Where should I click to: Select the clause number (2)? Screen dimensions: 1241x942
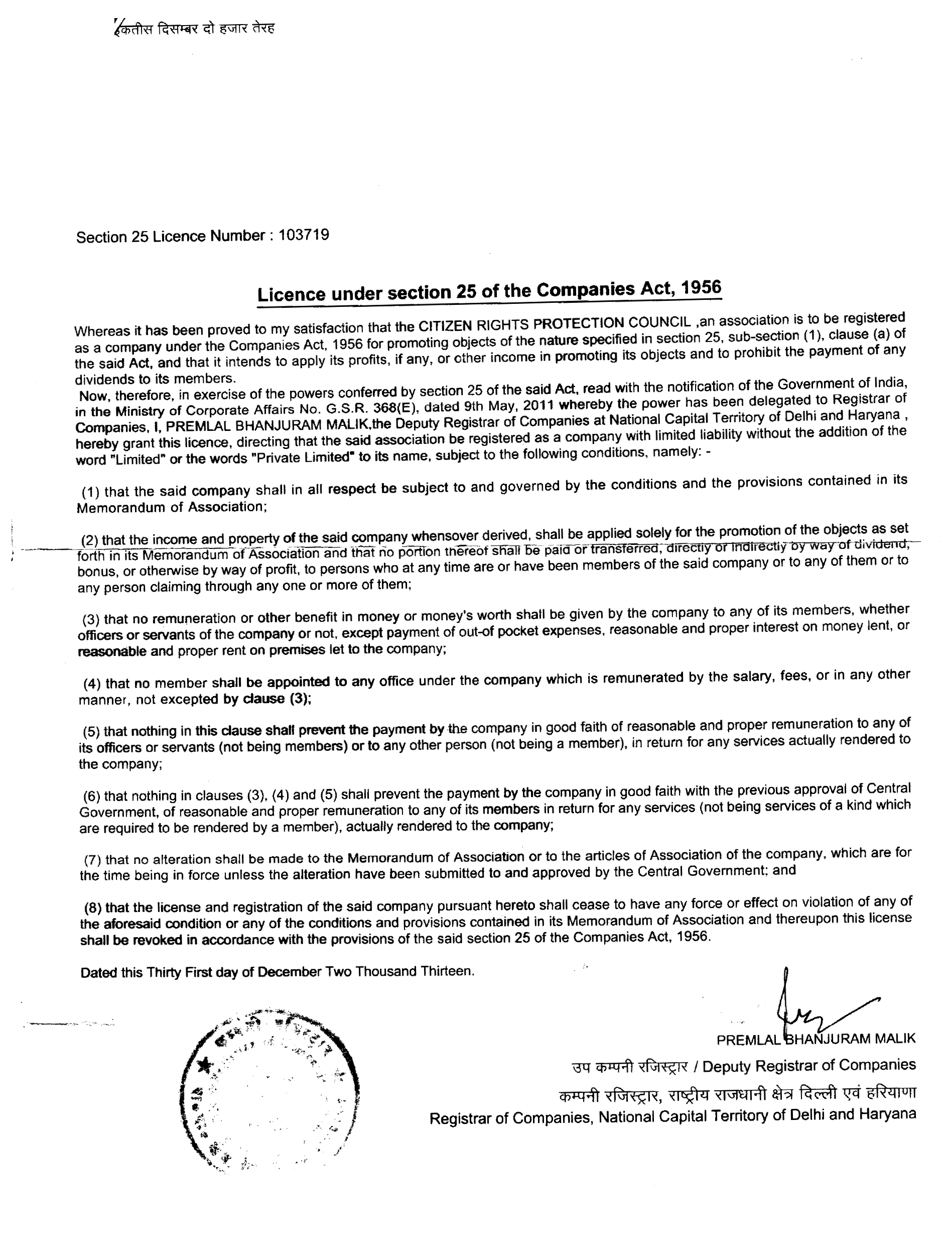pyautogui.click(x=90, y=540)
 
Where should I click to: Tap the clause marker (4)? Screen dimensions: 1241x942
pyautogui.click(x=92, y=684)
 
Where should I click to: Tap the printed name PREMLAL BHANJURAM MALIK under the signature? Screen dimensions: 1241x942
pyautogui.click(x=816, y=1039)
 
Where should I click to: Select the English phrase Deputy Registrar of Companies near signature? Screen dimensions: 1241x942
pyautogui.click(x=809, y=1065)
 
